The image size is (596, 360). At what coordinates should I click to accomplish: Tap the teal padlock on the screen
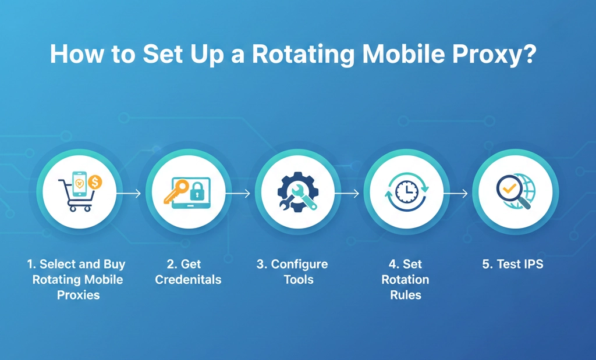pos(197,188)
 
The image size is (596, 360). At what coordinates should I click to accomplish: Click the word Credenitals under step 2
pos(188,280)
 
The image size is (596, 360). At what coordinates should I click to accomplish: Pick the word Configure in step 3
pos(299,265)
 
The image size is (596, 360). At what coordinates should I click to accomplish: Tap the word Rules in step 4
pos(405,295)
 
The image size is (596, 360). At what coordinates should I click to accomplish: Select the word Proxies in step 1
pos(78,295)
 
